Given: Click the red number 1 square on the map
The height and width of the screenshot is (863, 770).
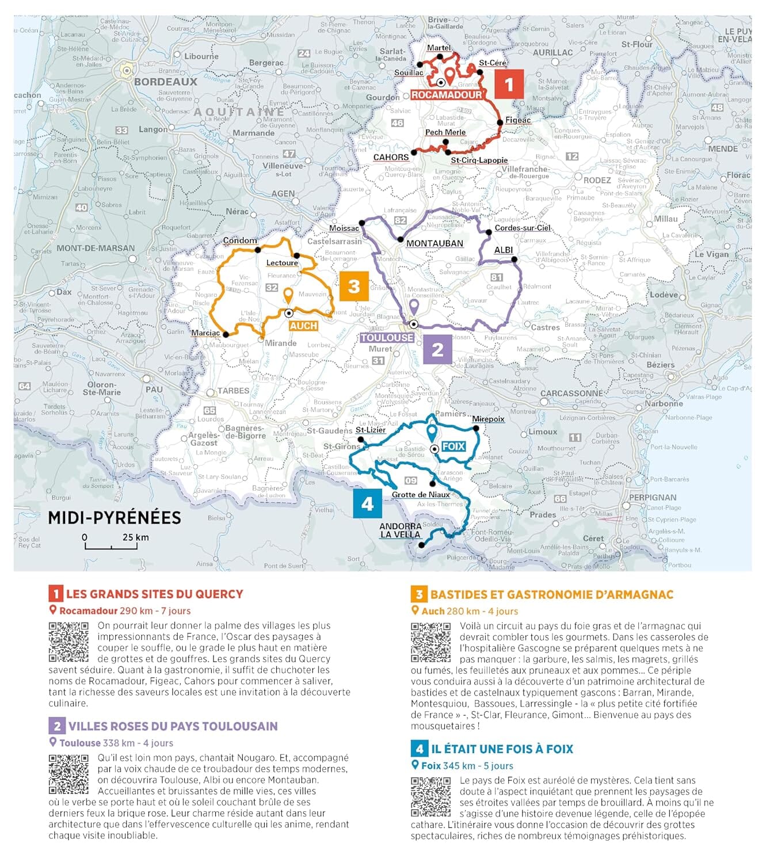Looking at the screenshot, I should [x=509, y=84].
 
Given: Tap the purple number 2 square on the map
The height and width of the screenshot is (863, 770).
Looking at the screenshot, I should [x=437, y=349].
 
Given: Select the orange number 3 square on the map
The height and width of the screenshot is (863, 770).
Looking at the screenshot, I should [x=354, y=286].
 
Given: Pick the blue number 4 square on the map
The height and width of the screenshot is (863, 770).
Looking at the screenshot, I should [x=368, y=503].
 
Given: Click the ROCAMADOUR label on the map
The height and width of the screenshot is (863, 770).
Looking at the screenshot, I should [x=447, y=95].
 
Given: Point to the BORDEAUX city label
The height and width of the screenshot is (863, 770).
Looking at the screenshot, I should [x=166, y=82].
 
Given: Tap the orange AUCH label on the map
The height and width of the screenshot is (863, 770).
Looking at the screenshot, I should [x=303, y=326].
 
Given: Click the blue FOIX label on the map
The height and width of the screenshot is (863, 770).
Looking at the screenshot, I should [x=453, y=446].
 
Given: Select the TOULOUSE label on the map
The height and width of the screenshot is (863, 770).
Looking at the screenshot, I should [x=387, y=338].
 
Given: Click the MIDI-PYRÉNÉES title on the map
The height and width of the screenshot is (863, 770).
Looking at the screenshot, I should [x=115, y=518].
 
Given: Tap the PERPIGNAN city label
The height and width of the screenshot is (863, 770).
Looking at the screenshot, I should [x=653, y=497].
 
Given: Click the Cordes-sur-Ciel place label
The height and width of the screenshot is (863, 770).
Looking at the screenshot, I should [x=523, y=228].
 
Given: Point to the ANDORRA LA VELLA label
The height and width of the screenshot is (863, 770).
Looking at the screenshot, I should [x=401, y=530].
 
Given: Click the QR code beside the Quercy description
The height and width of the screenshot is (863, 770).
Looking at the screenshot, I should [x=68, y=642].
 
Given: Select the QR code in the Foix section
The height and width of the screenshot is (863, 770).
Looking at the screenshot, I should [x=430, y=797].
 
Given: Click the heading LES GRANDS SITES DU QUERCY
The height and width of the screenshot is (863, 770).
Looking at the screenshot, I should [x=154, y=594].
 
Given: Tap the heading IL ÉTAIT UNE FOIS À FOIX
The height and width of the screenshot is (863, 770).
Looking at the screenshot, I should [x=502, y=749].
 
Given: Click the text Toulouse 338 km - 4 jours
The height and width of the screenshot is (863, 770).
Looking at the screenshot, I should [x=116, y=743].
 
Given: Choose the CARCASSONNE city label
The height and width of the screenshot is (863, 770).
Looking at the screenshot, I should [x=571, y=394].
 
